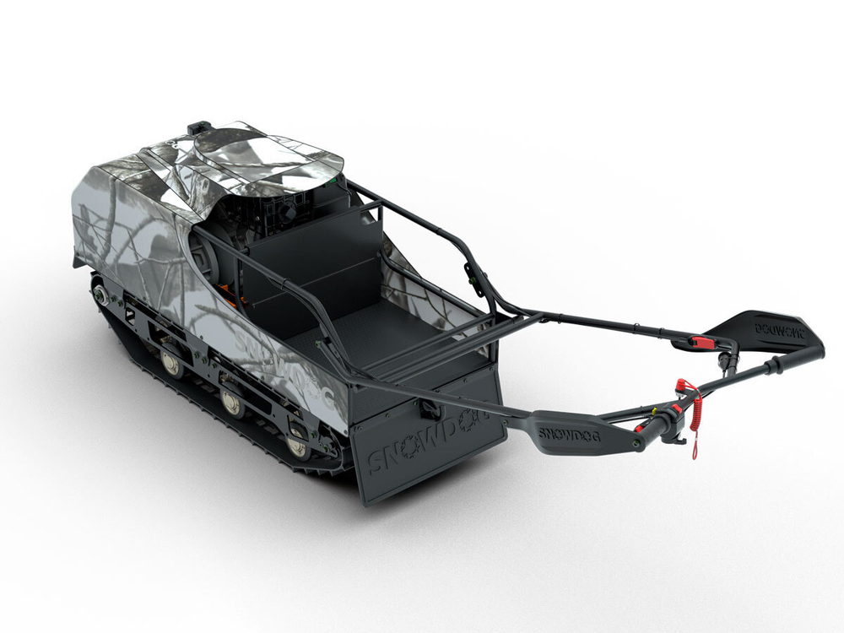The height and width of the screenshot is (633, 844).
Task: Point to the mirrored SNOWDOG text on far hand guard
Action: point(778,332)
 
